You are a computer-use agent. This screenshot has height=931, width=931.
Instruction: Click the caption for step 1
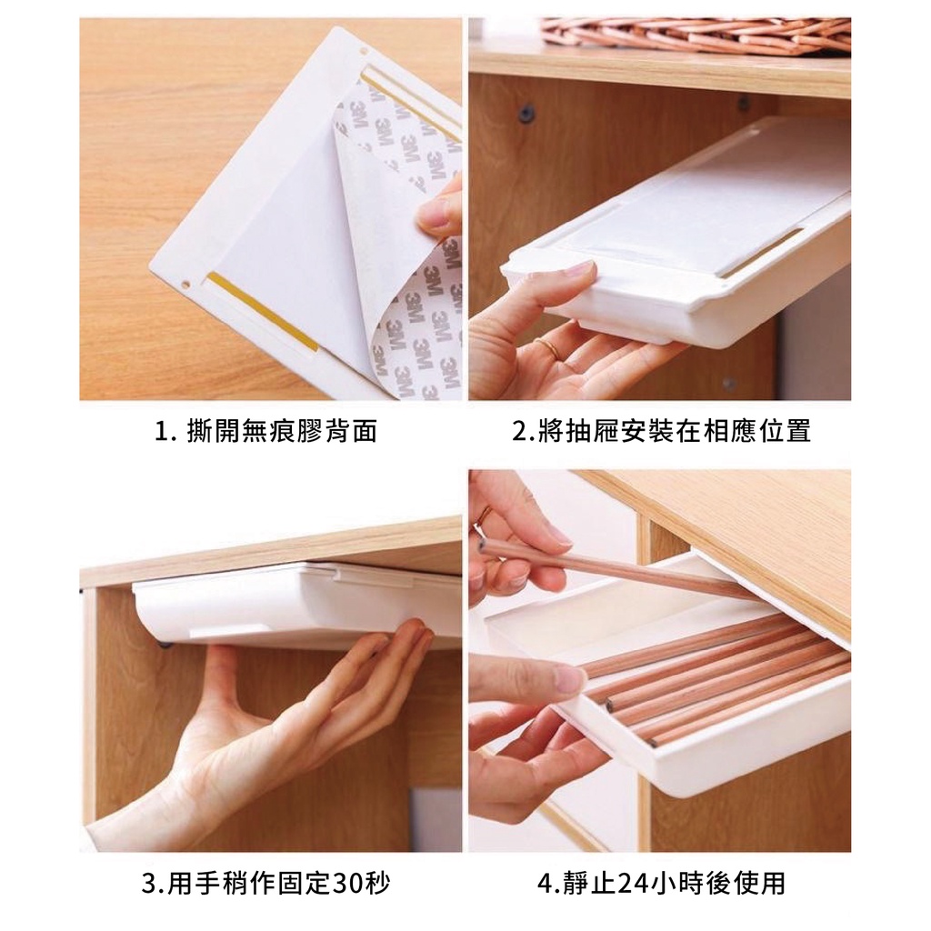coord(266,431)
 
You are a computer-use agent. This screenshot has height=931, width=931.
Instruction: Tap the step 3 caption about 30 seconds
coord(265,883)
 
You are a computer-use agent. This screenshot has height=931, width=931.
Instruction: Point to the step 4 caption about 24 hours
coord(661,883)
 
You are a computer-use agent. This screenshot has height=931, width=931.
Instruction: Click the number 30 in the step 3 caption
coord(348,884)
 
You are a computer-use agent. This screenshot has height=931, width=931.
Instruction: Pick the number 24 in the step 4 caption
coord(633,884)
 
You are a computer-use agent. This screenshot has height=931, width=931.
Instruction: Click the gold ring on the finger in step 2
coord(548,346)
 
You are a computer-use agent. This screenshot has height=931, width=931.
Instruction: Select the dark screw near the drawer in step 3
coord(165,644)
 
